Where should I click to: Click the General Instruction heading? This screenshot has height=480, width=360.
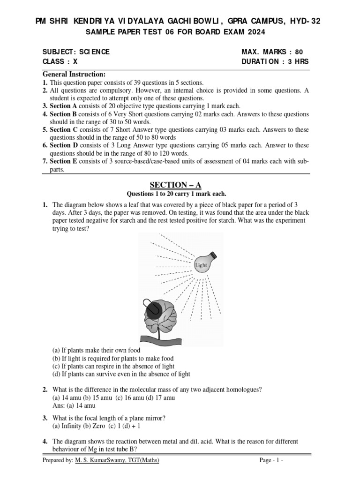tap(74, 75)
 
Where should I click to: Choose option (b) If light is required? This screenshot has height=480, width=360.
tap(112, 358)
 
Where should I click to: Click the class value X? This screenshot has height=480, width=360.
tap(75, 62)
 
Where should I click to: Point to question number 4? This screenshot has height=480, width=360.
tap(45, 442)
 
